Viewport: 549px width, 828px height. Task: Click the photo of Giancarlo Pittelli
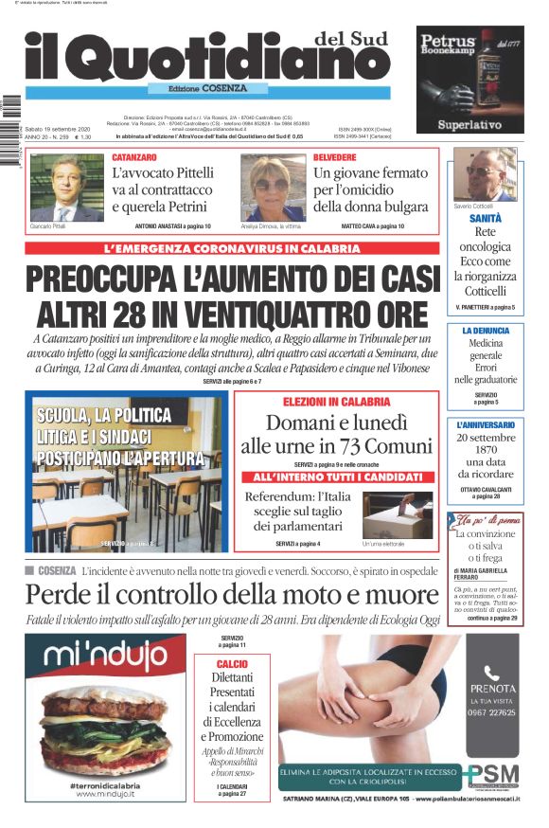point(67,187)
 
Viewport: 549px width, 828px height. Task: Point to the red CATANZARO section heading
point(134,156)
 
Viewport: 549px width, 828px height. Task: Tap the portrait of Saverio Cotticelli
point(485,173)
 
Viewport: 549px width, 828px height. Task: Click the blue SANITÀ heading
point(485,218)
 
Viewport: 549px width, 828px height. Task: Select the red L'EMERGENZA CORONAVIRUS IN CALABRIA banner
point(233,249)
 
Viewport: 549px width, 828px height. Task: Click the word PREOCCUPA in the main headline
point(111,281)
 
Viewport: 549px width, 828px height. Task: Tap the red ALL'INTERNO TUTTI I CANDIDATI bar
point(336,477)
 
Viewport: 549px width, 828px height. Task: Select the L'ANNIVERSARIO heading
point(486,425)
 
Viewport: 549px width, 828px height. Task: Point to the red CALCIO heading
point(232,664)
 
